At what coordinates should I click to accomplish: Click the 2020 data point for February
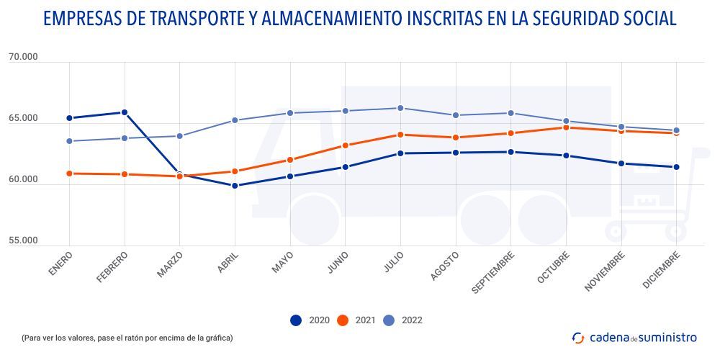(125, 112)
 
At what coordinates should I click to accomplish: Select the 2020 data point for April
(235, 186)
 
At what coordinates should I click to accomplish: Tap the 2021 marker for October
(566, 127)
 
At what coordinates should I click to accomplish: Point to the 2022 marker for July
(400, 108)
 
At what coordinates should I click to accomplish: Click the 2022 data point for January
(69, 141)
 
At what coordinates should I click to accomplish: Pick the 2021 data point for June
(345, 145)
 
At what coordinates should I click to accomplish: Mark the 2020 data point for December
(676, 167)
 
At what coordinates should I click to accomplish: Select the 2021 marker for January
(69, 174)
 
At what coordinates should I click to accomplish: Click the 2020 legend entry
(310, 320)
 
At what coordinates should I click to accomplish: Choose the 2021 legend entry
(357, 320)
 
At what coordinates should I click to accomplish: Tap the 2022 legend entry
(403, 320)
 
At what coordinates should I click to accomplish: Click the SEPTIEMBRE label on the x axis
(494, 272)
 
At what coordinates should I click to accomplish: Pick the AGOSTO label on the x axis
(445, 266)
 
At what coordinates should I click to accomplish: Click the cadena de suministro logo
(634, 337)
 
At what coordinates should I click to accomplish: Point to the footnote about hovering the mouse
(127, 337)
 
